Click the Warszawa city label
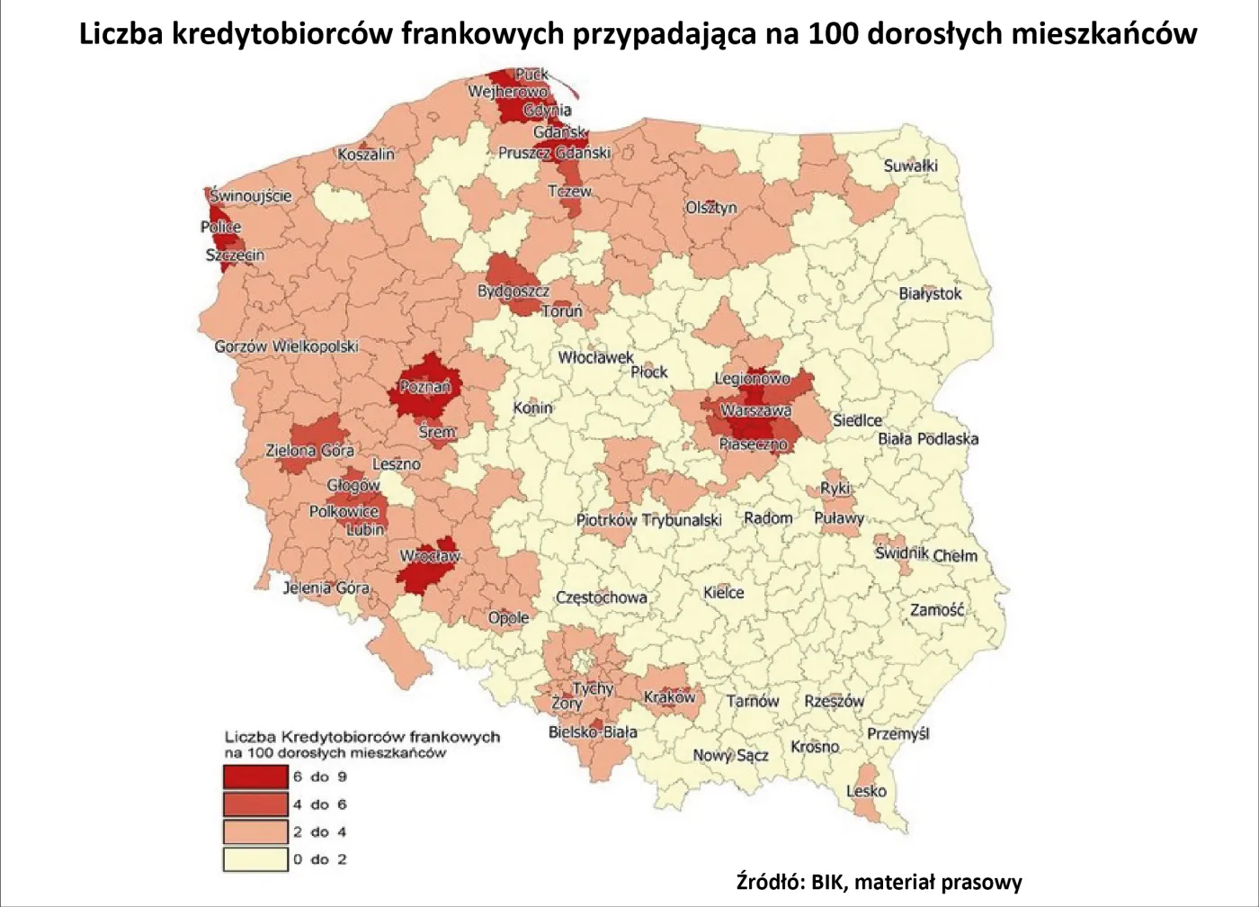(x=755, y=410)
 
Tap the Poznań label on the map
(x=424, y=387)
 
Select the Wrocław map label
(x=429, y=556)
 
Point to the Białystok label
(x=930, y=293)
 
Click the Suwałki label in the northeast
(x=910, y=166)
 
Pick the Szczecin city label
(x=235, y=256)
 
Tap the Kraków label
(x=669, y=697)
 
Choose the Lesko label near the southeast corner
(x=866, y=791)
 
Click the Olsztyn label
(x=710, y=207)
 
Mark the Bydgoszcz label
(x=513, y=291)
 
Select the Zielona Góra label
(x=309, y=450)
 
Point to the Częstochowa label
(x=601, y=597)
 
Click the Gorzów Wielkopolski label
(x=286, y=346)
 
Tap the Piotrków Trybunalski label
(x=648, y=520)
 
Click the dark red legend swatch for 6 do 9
(x=255, y=777)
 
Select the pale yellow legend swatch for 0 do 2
(x=255, y=859)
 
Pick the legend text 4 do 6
(x=319, y=804)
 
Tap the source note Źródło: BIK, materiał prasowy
(x=879, y=882)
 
